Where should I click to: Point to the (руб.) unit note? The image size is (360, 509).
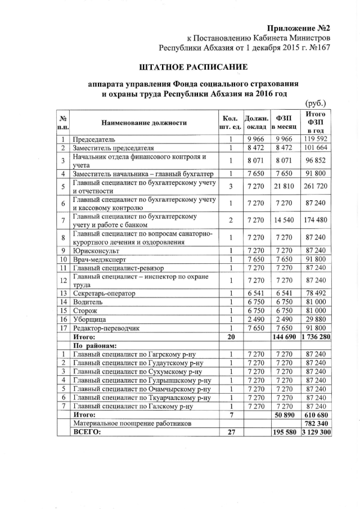point(316,103)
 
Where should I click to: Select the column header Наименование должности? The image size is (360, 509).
point(144,123)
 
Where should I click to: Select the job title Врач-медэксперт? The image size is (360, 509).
point(99,259)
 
